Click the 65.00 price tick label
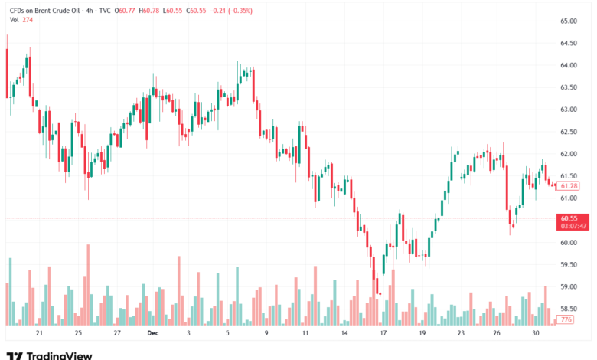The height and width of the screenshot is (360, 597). (x=569, y=21)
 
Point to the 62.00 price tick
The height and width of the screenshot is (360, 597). (x=569, y=154)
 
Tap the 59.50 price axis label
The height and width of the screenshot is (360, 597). (x=569, y=265)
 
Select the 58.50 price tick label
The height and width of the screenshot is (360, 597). (x=569, y=309)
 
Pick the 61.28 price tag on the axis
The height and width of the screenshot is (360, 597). (x=569, y=186)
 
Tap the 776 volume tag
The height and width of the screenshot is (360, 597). (x=566, y=319)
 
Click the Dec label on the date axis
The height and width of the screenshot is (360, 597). (x=152, y=334)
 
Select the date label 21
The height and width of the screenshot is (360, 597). (x=39, y=334)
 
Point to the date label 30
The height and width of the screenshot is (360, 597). (x=537, y=334)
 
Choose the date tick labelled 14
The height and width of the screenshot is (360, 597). (x=344, y=334)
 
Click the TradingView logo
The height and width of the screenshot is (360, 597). (x=49, y=355)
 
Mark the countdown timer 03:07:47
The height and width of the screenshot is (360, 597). (x=573, y=226)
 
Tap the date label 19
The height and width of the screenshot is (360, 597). (x=422, y=334)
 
